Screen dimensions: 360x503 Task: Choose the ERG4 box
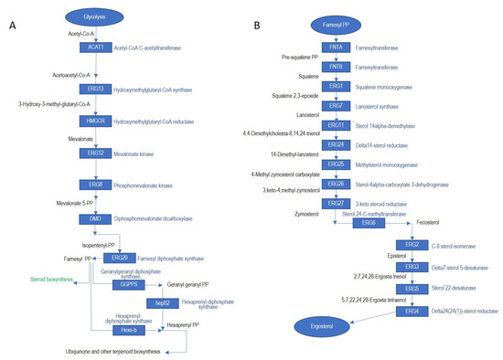(412, 311)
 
